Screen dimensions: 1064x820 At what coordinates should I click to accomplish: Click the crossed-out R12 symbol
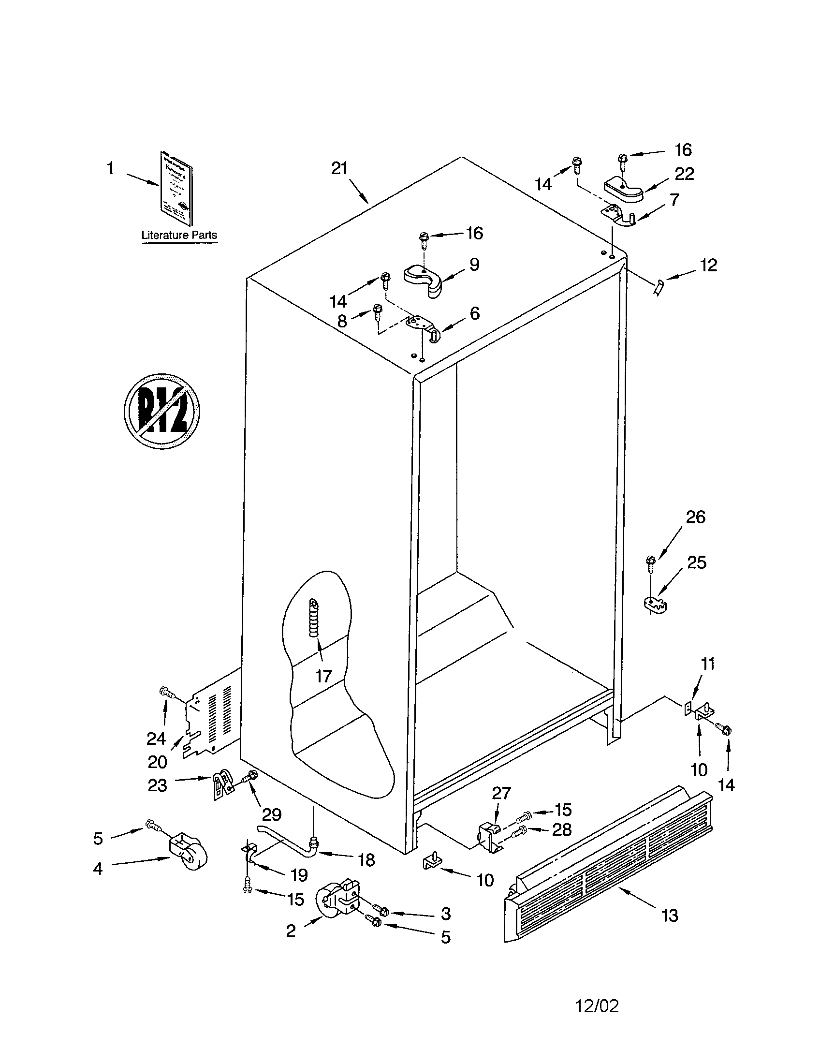pyautogui.click(x=161, y=411)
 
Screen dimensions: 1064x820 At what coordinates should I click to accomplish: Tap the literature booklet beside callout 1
pyautogui.click(x=175, y=182)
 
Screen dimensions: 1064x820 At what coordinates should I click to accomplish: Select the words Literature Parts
pyautogui.click(x=179, y=235)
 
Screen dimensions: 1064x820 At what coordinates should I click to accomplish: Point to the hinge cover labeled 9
pyautogui.click(x=424, y=279)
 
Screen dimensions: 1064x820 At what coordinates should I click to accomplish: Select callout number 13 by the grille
pyautogui.click(x=670, y=916)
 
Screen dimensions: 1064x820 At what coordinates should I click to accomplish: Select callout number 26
pyautogui.click(x=695, y=517)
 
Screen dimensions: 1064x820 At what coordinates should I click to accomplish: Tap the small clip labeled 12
pyautogui.click(x=659, y=288)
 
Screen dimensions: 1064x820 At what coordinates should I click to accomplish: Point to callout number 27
pyautogui.click(x=501, y=793)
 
